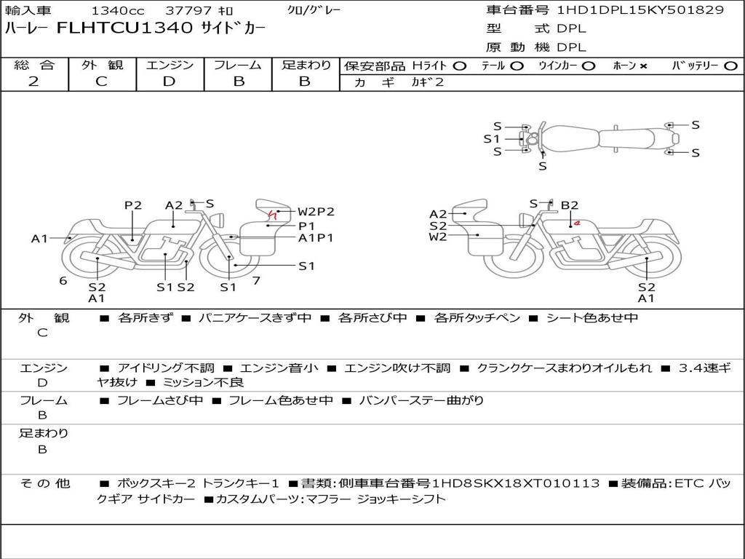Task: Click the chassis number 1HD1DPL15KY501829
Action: click(x=640, y=10)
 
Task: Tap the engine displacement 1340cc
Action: click(x=118, y=10)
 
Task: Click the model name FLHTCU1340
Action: click(x=124, y=28)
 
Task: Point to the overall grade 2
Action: click(x=33, y=82)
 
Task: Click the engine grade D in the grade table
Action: click(x=169, y=82)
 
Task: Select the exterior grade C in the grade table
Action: click(x=101, y=82)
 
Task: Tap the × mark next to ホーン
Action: click(x=643, y=66)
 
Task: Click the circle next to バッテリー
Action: click(x=730, y=66)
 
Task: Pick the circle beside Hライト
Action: click(x=459, y=66)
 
